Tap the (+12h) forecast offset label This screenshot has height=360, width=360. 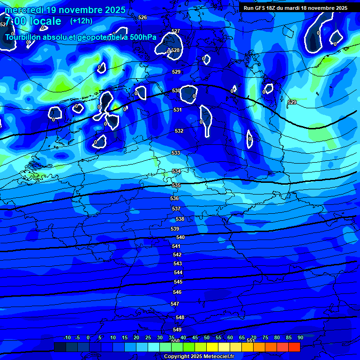(81, 21)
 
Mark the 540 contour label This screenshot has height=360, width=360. (180, 238)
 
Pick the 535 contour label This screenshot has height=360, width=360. (176, 186)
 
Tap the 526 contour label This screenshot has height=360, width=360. (142, 17)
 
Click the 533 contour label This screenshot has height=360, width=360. (176, 153)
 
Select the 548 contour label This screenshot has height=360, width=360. (180, 317)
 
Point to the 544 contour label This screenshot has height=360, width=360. (178, 272)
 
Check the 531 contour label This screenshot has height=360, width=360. (178, 110)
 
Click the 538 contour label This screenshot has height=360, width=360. (180, 219)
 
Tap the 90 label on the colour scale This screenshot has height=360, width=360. (300, 337)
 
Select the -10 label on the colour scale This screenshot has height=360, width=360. (67, 337)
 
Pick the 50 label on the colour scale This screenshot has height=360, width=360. (207, 337)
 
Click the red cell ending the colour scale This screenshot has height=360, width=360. (294, 347)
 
